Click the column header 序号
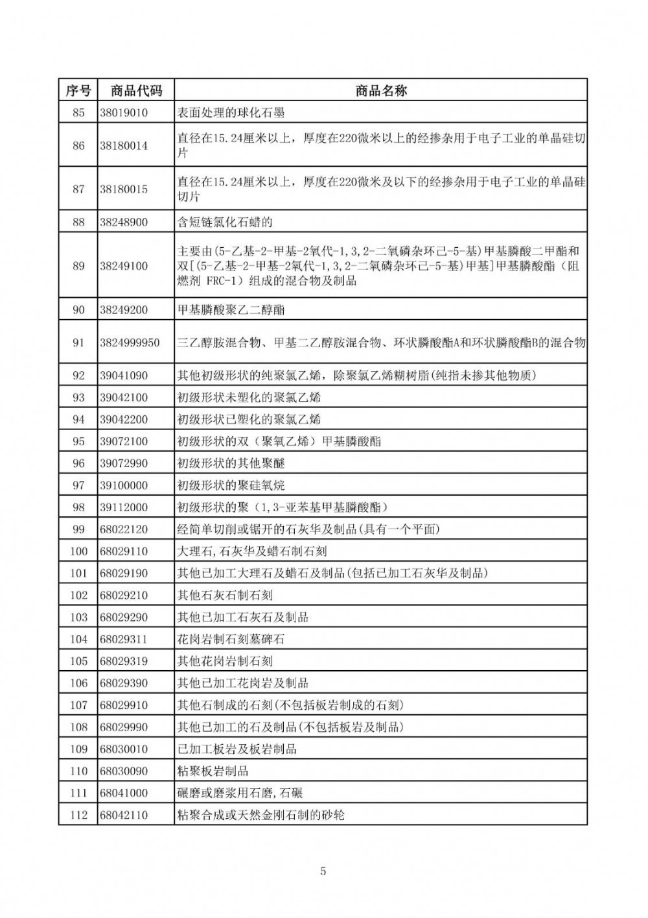point(78,90)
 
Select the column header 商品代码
point(136,90)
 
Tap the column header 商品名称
point(381,90)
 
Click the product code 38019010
point(124,112)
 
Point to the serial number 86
point(78,145)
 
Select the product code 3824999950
point(130,342)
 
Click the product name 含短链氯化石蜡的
point(225,222)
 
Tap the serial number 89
point(78,266)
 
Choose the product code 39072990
point(124,463)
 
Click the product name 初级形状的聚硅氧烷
point(231,485)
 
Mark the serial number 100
point(78,551)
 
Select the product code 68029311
point(124,639)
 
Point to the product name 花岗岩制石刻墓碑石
point(231,639)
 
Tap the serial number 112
point(78,814)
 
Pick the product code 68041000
point(124,793)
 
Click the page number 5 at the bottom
point(323,871)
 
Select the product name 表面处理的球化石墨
point(231,112)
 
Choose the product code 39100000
point(124,485)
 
